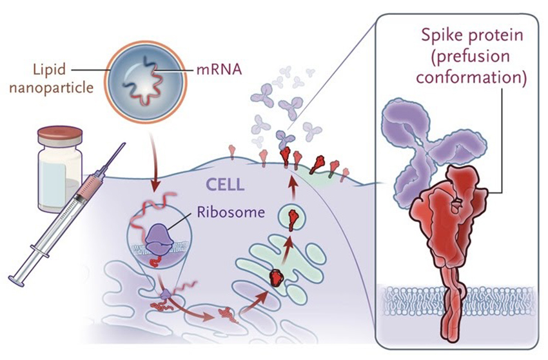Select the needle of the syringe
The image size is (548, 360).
tap(110, 161)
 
